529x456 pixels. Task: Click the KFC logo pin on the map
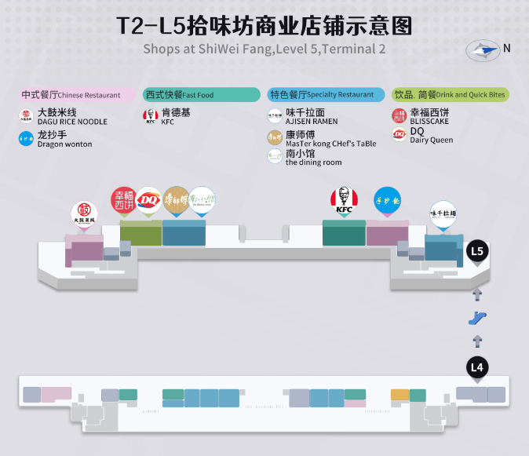tap(344, 200)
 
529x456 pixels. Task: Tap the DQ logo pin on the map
tap(148, 200)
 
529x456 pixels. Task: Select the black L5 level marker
tap(477, 252)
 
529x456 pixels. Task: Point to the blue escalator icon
tap(477, 318)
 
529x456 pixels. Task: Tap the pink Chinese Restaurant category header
tap(76, 95)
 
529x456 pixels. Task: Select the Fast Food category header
tap(201, 95)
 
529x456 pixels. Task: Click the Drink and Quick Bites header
tap(451, 95)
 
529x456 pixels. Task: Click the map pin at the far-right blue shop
tap(443, 215)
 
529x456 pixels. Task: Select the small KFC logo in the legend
tap(150, 117)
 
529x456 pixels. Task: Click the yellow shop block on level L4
tap(399, 395)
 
